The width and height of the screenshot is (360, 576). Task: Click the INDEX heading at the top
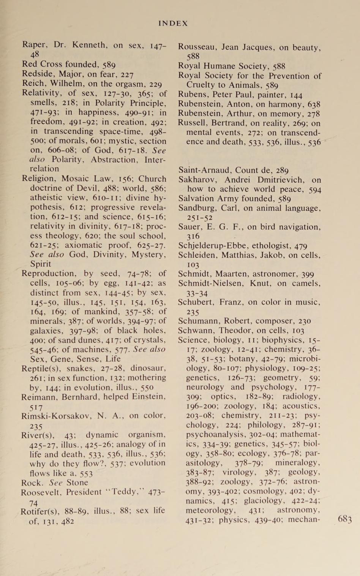[173, 23]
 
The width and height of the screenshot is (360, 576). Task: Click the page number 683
[345, 519]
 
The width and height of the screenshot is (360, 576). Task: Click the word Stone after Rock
[77, 483]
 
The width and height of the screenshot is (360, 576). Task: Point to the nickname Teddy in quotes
[123, 492]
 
